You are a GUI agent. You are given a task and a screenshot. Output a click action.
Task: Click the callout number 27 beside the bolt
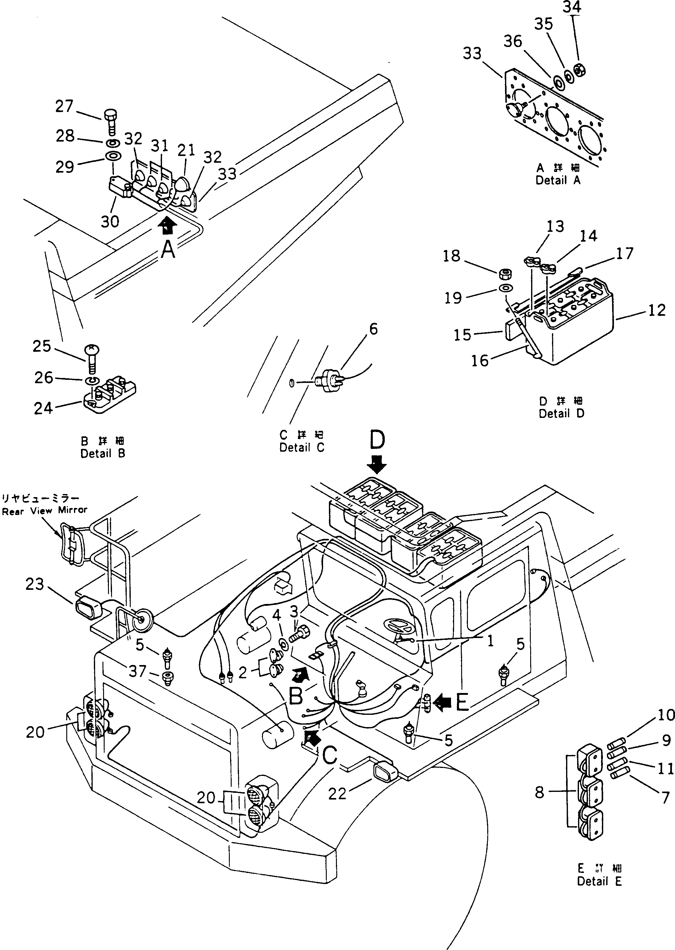pos(64,107)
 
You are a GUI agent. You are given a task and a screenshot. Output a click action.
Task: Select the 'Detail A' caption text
pos(558,181)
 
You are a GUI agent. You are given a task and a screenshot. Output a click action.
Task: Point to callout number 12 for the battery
pos(657,310)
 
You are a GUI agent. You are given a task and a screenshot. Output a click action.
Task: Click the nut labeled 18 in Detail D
pos(505,274)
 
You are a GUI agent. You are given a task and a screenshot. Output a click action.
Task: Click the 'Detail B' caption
pos(103,454)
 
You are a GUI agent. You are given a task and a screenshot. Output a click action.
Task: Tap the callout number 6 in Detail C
pos(373,329)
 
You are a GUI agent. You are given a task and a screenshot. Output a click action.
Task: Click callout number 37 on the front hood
pos(137,671)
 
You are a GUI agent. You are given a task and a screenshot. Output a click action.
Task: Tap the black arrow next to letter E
pos(443,703)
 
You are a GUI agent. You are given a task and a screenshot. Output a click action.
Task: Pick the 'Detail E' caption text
pos(599,881)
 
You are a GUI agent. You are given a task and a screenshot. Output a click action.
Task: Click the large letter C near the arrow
pos(330,755)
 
